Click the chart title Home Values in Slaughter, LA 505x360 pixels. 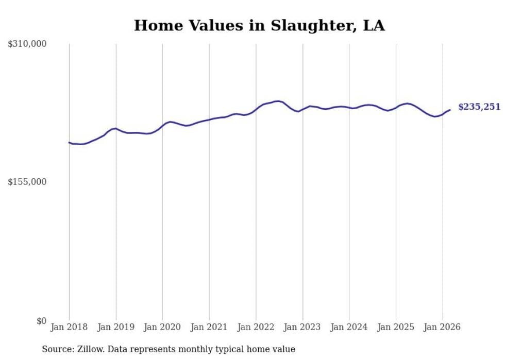coord(259,26)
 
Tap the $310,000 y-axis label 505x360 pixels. coord(27,44)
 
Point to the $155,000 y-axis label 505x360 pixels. coord(27,182)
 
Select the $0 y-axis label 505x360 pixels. coord(41,321)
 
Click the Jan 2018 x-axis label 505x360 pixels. coord(69,327)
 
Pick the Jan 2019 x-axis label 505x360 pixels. coord(116,327)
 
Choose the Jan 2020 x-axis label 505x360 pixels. coord(162,327)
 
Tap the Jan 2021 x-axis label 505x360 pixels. coord(209,327)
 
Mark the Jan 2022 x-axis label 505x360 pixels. coord(256,327)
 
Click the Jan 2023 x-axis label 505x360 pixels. coord(302,327)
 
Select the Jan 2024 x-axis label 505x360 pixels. coord(349,327)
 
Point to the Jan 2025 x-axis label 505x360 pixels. coord(396,327)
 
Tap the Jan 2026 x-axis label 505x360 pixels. coord(443,327)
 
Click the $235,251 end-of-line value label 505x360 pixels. coord(479,107)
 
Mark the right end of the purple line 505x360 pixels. coord(450,110)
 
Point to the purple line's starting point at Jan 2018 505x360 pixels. coord(70,143)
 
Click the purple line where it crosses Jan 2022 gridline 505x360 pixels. coord(256,109)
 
